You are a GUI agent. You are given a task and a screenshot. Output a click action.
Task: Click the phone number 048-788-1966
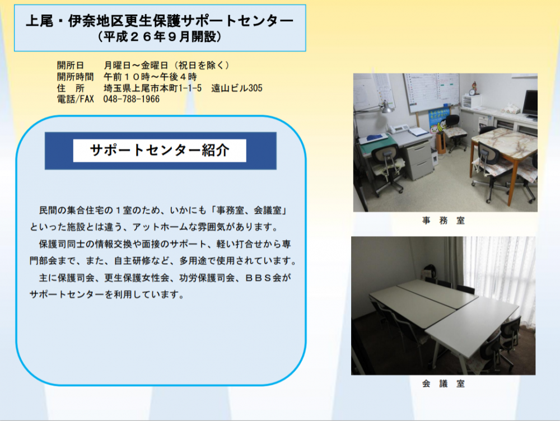pyautogui.click(x=132, y=99)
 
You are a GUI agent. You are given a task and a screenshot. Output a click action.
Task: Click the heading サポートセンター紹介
pyautogui.click(x=160, y=151)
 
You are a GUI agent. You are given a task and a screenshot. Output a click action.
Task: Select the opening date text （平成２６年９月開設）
pyautogui.click(x=160, y=37)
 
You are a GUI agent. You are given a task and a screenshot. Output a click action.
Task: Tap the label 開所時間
pyautogui.click(x=75, y=77)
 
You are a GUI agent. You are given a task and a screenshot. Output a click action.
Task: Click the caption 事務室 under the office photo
pyautogui.click(x=443, y=221)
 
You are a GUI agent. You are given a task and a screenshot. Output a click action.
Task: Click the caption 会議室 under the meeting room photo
pyautogui.click(x=443, y=384)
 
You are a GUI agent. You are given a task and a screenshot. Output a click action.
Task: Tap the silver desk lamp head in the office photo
pyautogui.click(x=386, y=107)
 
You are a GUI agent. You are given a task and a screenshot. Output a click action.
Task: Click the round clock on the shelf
pyautogui.click(x=472, y=92)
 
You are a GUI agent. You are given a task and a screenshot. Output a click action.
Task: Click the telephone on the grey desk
pyautogui.click(x=399, y=129)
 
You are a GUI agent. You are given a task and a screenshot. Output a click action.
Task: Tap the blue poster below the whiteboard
pyautogui.click(x=438, y=121)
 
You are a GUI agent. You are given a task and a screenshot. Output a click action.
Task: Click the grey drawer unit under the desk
pyautogui.click(x=419, y=160)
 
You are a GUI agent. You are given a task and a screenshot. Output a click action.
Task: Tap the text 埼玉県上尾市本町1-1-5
pyautogui.click(x=152, y=88)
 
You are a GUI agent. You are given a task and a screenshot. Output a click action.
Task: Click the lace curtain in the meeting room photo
pyautogui.click(x=500, y=275)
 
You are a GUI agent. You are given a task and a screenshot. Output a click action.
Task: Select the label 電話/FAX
pyautogui.click(x=76, y=99)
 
